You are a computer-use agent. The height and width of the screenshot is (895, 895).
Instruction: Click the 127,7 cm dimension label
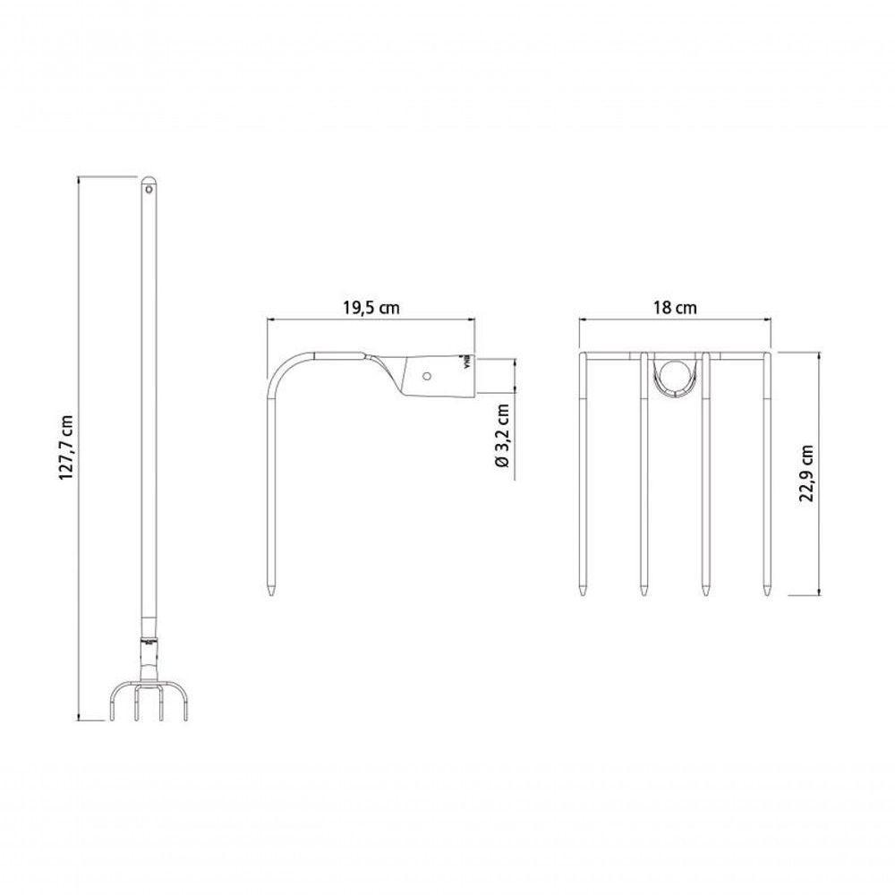tap(64, 448)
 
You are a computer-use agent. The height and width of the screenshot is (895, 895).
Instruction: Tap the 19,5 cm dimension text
tap(371, 307)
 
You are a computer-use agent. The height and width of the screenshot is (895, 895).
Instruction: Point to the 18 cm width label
tap(674, 307)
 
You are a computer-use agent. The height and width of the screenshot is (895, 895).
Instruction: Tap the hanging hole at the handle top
tap(149, 189)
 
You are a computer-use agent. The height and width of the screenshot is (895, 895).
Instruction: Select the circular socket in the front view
tap(673, 374)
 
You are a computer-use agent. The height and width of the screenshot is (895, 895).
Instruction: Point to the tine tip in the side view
tap(271, 592)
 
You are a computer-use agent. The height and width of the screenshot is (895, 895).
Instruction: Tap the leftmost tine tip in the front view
tap(583, 592)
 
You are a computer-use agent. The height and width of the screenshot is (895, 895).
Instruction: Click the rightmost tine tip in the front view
tap(766, 592)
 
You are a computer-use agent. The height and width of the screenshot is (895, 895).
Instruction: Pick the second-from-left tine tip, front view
tap(644, 592)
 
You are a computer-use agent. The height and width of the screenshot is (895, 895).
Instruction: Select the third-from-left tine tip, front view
tap(705, 592)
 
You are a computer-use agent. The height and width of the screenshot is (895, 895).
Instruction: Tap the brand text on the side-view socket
tap(465, 360)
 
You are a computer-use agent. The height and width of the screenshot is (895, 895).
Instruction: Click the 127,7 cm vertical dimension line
tap(80, 447)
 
